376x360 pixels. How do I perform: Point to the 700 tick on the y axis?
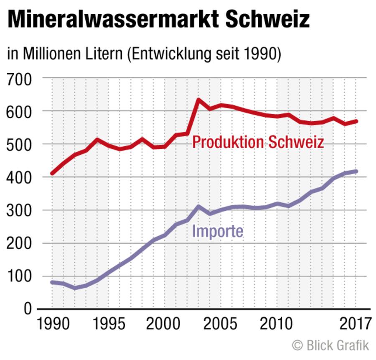19,78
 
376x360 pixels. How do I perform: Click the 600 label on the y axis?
19,111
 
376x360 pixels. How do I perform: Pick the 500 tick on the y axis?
19,144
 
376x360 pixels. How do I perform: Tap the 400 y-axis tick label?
19,177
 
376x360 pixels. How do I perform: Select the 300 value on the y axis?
19,210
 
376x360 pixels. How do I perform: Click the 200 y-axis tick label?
19,243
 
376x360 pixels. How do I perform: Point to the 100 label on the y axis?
19,276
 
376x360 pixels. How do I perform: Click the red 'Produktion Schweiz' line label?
258,143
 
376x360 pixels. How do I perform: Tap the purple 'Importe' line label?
217,231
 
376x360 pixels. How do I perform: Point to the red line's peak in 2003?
198,100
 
